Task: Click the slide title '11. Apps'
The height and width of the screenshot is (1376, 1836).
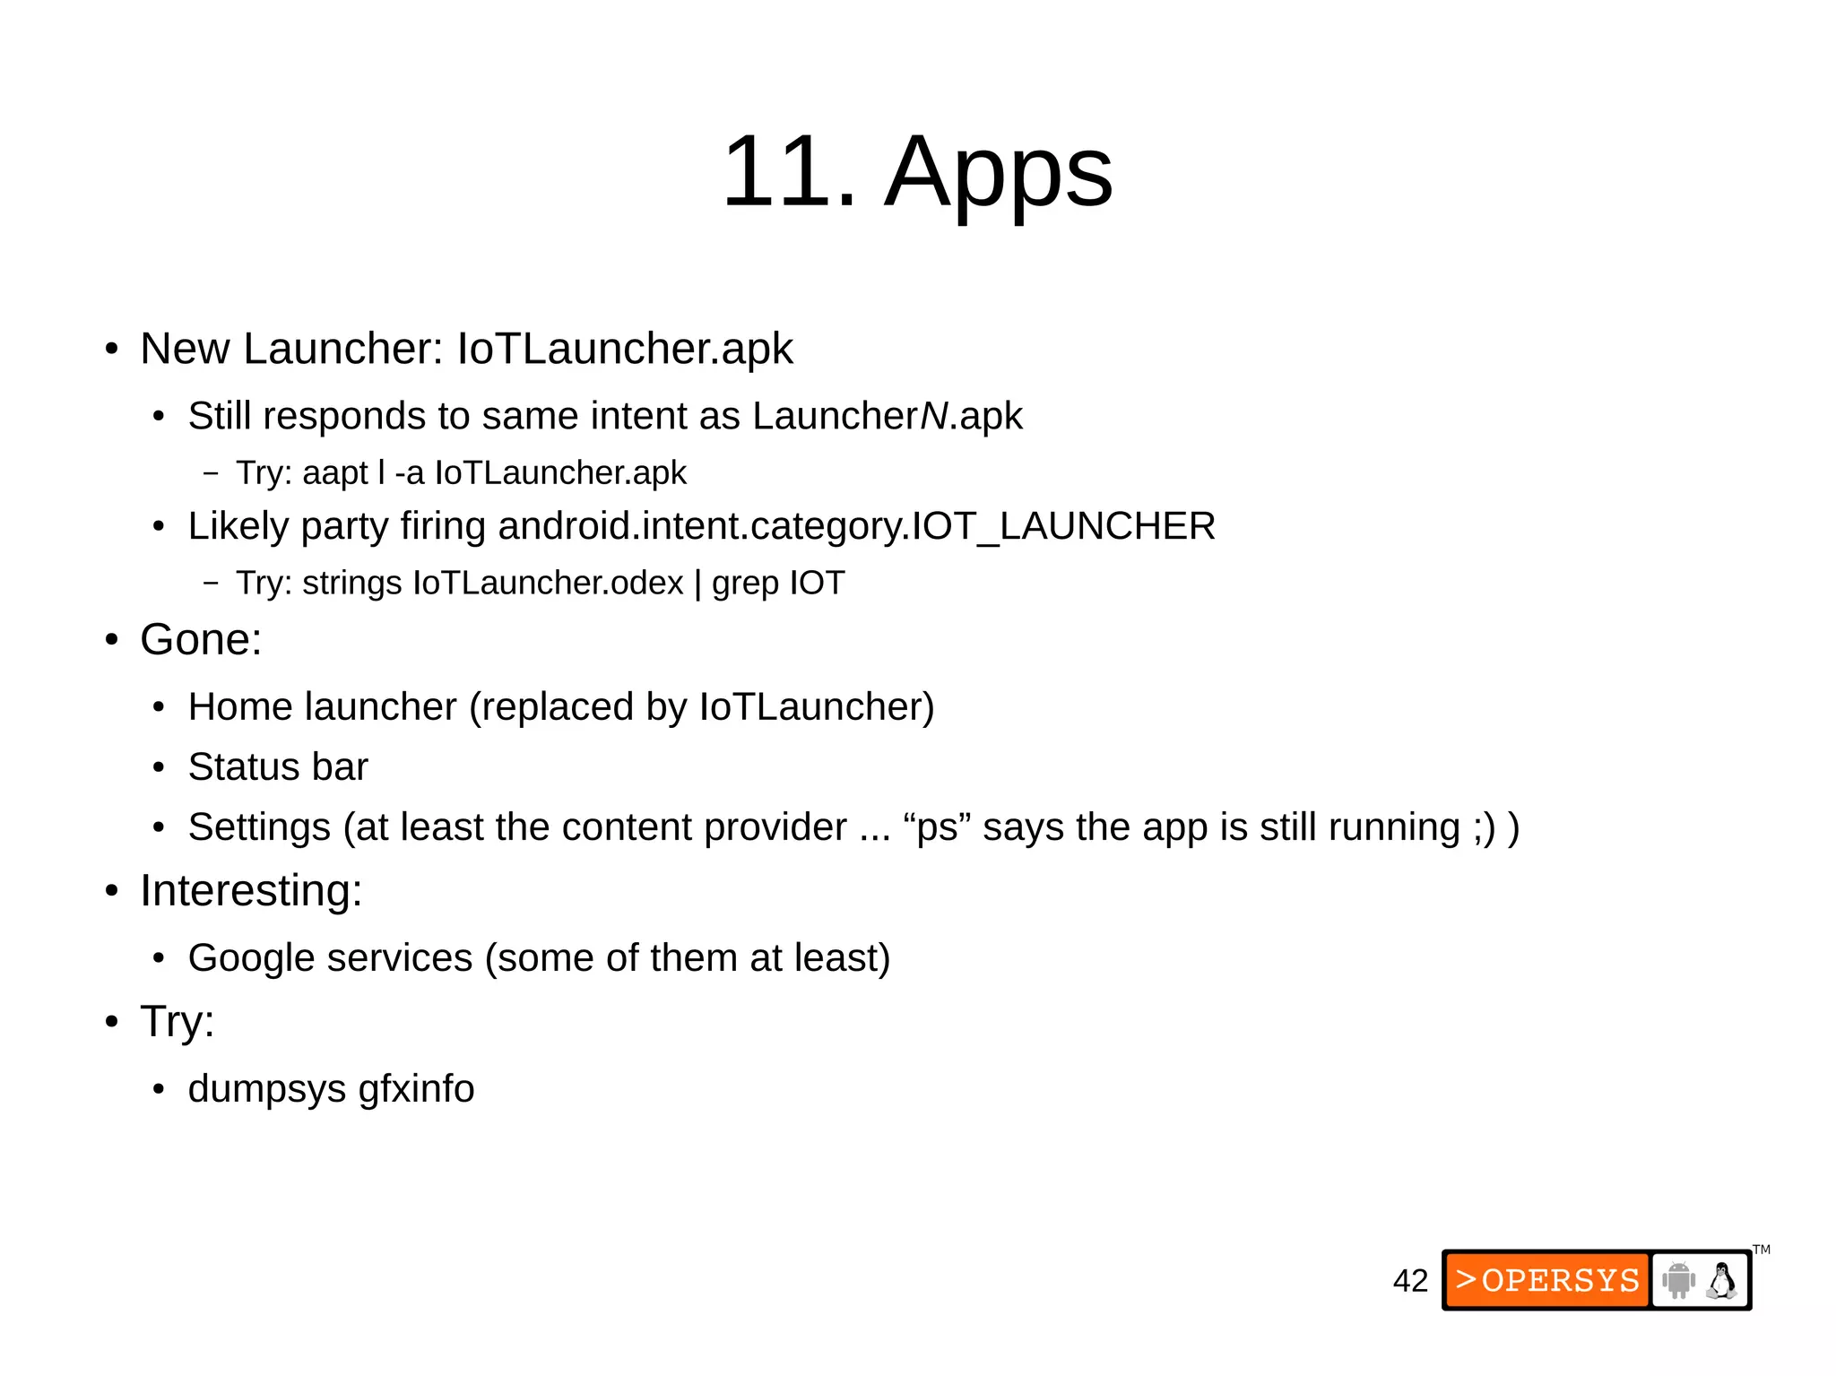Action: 917,170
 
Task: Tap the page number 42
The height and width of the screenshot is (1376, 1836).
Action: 1410,1281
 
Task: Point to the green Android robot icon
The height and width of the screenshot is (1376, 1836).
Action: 1678,1280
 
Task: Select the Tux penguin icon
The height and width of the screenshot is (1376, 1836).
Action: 1721,1280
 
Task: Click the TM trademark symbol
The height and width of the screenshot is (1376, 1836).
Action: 1762,1250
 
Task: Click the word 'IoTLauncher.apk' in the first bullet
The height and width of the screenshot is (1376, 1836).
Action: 625,349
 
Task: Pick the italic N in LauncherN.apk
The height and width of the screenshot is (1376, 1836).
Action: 934,416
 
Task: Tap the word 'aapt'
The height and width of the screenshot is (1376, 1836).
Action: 335,473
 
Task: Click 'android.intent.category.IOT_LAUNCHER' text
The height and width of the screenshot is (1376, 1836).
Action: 856,526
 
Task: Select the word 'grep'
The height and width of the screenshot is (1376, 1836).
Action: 746,584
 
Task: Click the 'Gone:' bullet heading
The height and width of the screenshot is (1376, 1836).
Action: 201,640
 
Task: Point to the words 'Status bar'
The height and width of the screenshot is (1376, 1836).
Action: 278,767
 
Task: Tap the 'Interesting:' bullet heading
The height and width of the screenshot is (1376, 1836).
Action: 251,891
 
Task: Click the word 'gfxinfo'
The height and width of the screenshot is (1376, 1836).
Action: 416,1089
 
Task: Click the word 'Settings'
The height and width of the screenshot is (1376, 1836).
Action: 260,827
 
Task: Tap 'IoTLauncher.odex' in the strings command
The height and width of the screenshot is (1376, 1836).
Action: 548,584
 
